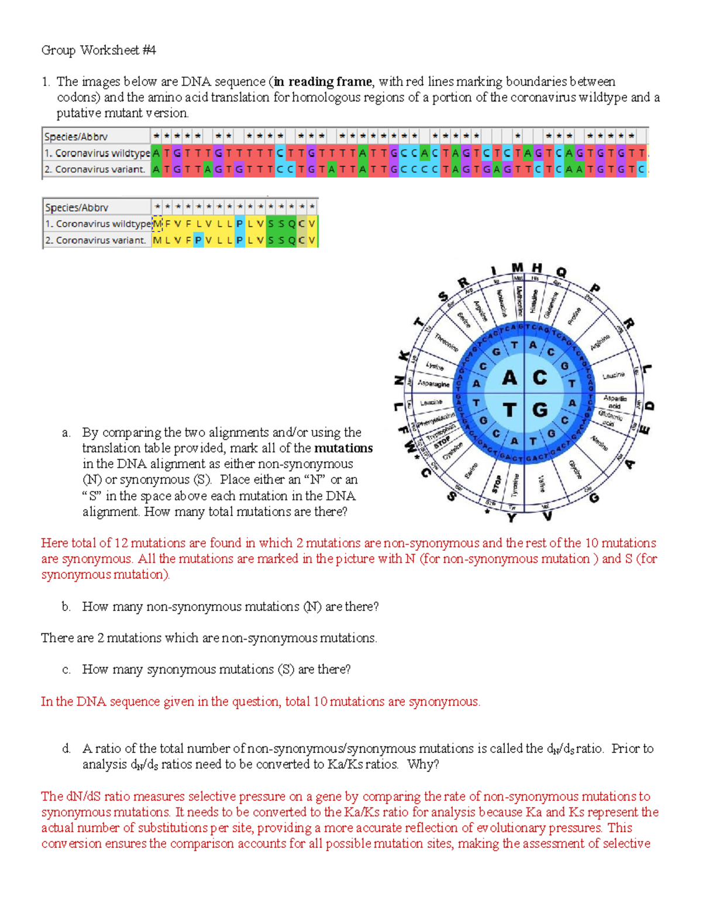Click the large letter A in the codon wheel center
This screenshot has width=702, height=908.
coord(510,378)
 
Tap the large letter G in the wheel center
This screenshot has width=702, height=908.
coord(540,410)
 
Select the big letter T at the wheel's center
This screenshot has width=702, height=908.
coord(510,410)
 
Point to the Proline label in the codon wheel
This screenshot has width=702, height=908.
coord(574,316)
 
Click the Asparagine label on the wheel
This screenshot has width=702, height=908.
coord(433,384)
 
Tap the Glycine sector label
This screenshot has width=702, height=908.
coord(574,469)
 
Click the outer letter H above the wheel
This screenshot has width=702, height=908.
coord(536,268)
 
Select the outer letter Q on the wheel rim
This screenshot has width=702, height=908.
coord(562,272)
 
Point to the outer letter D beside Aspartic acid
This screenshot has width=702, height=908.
coord(649,406)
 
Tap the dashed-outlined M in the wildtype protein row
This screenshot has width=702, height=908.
coord(157,223)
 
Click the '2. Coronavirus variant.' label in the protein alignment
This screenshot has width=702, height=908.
coord(95,240)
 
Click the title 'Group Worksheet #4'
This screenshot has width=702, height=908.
coord(98,50)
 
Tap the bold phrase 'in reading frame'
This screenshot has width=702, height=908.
coord(322,81)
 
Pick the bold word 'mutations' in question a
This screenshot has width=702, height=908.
coord(343,448)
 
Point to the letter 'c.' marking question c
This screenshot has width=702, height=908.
coord(66,669)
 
